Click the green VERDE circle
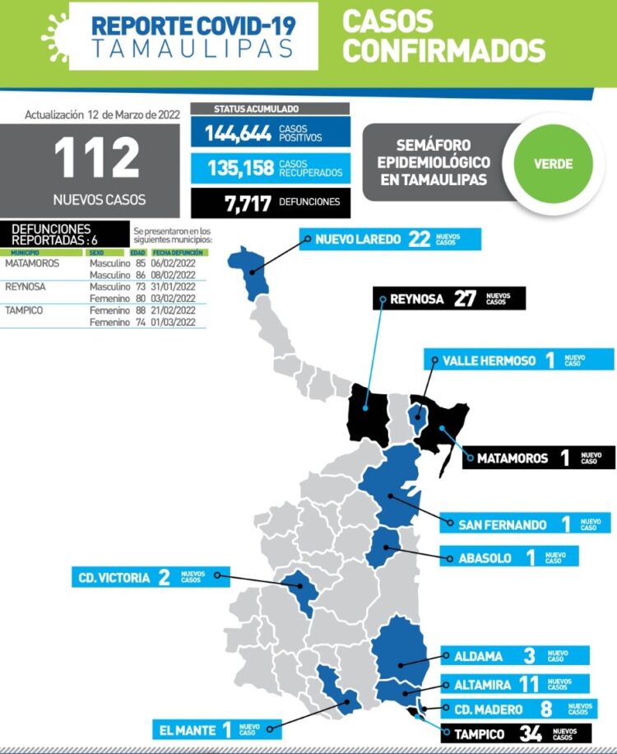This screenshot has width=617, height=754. [x=553, y=163]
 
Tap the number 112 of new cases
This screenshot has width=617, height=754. [x=98, y=159]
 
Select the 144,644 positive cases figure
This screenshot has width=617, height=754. [x=239, y=133]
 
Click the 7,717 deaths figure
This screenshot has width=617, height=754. [x=248, y=202]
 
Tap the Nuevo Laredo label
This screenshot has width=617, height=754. [x=357, y=240]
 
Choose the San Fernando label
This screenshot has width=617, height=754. [x=503, y=524]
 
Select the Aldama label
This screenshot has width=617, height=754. [x=478, y=656]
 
